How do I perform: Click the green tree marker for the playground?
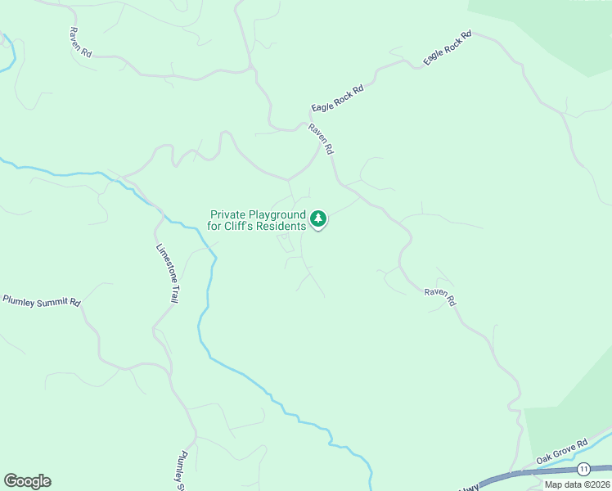click(x=318, y=219)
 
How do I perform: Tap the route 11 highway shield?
click(x=583, y=468)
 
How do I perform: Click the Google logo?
click(x=27, y=481)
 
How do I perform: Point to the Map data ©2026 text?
click(x=577, y=484)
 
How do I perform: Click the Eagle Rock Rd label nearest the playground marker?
click(x=337, y=97)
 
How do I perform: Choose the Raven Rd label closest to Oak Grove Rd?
click(x=440, y=296)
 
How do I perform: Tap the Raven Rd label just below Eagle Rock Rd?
click(x=321, y=139)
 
